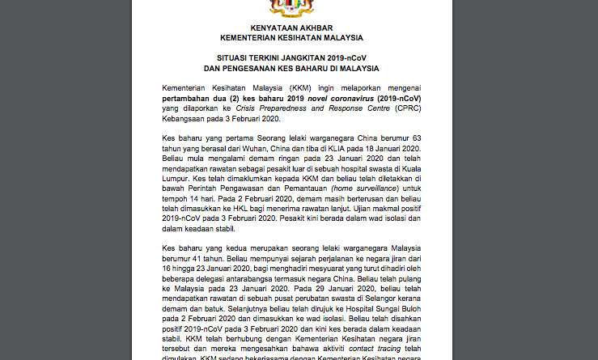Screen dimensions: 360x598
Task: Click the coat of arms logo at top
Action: click(x=291, y=7)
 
